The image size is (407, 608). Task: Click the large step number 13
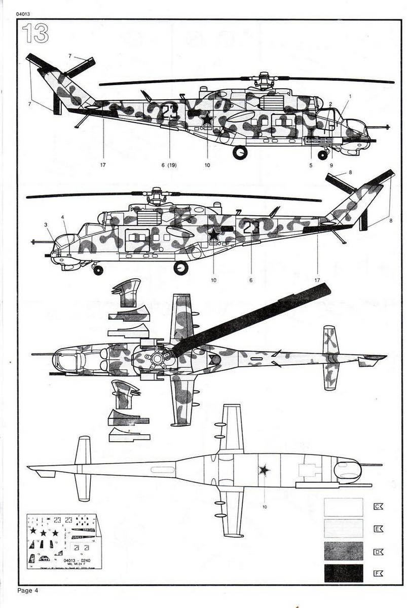[x=35, y=33]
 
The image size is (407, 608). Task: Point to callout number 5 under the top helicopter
[x=311, y=165]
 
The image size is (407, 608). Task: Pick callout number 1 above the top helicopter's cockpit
[x=350, y=96]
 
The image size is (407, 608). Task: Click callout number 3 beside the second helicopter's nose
[x=46, y=224]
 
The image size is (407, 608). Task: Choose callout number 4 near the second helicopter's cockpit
[x=63, y=217]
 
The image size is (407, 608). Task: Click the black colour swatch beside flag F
[x=343, y=573]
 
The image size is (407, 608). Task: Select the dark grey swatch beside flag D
[x=343, y=550]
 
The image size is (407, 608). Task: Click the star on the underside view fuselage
[x=264, y=470]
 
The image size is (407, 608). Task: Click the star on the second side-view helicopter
[x=214, y=234]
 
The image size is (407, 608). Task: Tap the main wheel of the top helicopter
[x=240, y=151]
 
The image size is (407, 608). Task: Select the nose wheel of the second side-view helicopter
[x=98, y=270]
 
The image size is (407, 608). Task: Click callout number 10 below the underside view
[x=265, y=506]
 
